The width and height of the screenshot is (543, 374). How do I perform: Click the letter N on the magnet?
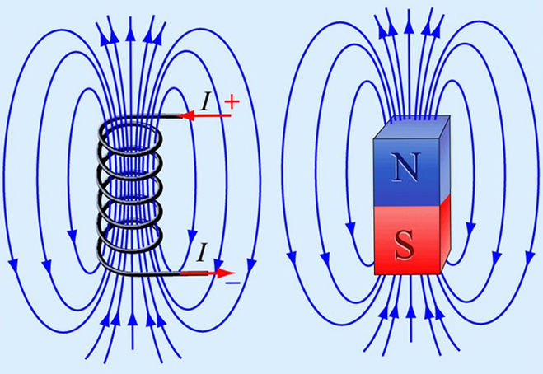pos(405,169)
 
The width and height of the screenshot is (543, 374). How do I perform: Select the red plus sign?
pos(232,102)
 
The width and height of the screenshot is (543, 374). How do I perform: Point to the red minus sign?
pos(233,282)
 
